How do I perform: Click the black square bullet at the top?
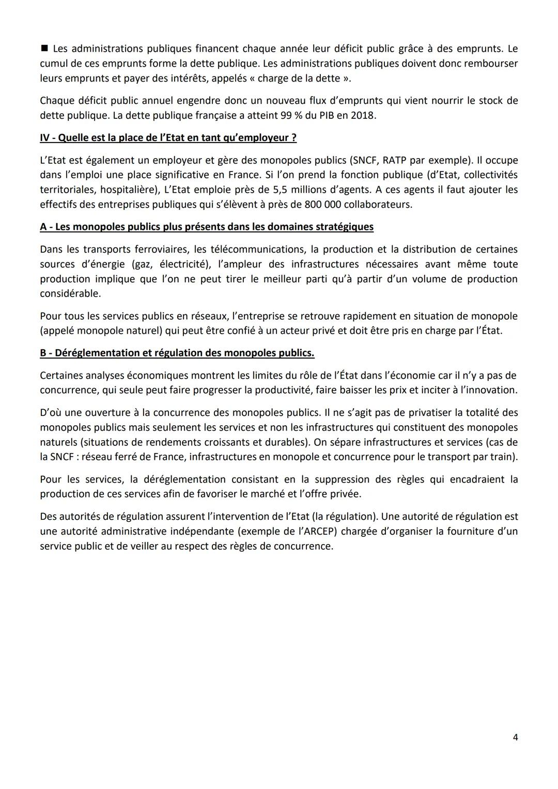pyautogui.click(x=44, y=49)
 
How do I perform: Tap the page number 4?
pyautogui.click(x=515, y=737)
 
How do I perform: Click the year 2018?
pyautogui.click(x=363, y=115)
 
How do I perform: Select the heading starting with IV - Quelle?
pyautogui.click(x=168, y=138)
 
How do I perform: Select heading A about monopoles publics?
pyautogui.click(x=207, y=227)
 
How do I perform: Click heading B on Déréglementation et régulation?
pyautogui.click(x=177, y=353)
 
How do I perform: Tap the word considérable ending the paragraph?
pyautogui.click(x=70, y=293)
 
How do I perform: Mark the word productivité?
pyautogui.click(x=280, y=390)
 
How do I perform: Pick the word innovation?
pyautogui.click(x=490, y=390)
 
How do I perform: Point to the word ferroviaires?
pyautogui.click(x=156, y=250)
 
